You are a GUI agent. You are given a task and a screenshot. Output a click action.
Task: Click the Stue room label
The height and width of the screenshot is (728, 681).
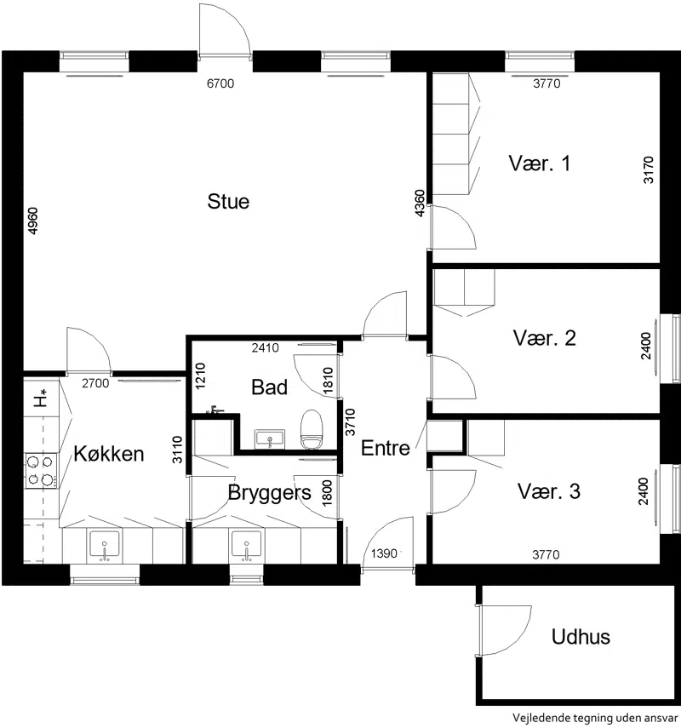[228, 202]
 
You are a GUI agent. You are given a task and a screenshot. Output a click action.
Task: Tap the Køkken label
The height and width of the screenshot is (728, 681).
[109, 454]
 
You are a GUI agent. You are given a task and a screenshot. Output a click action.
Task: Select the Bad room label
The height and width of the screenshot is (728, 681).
[269, 387]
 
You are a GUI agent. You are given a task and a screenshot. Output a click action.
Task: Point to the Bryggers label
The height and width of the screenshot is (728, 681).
[269, 493]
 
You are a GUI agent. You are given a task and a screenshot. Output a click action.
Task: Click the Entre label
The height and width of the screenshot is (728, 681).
[386, 448]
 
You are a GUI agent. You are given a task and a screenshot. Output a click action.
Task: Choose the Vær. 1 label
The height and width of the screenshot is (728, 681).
[539, 163]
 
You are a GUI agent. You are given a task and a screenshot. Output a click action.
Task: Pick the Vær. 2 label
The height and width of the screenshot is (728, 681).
[544, 338]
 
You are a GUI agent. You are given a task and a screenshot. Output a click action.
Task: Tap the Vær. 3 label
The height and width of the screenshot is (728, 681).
[549, 491]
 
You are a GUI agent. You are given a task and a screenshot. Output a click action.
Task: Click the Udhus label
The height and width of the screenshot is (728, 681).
[581, 637]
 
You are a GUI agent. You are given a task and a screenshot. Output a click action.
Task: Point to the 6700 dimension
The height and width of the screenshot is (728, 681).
[220, 83]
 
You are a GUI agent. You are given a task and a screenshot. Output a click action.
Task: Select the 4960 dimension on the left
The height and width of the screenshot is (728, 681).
[33, 221]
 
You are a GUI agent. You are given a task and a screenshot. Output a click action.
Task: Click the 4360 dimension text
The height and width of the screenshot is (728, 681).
[419, 203]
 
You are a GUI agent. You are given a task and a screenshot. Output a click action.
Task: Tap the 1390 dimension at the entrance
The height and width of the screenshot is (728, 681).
[384, 553]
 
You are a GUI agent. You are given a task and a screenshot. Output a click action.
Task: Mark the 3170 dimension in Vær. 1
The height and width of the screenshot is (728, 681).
[649, 170]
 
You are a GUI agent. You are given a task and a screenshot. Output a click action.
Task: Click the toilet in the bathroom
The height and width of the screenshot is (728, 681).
[311, 429]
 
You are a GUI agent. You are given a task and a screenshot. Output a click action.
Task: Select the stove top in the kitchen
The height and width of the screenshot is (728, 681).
[42, 471]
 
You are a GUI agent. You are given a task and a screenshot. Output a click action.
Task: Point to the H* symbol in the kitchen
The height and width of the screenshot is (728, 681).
[42, 398]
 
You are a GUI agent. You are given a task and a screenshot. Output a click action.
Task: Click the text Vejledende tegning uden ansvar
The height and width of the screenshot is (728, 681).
[596, 718]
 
